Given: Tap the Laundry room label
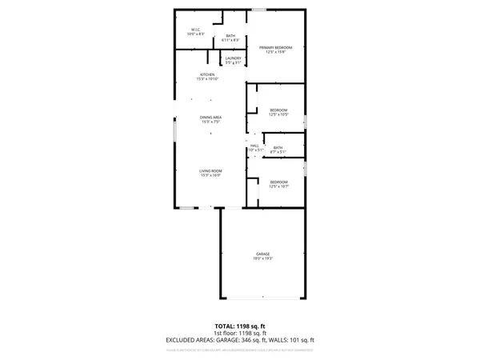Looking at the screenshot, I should pyautogui.click(x=234, y=58).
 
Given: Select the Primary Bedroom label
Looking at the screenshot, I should pyautogui.click(x=276, y=48).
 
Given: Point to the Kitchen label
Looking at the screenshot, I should pyautogui.click(x=207, y=74).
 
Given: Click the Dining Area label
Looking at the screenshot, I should pyautogui.click(x=211, y=118).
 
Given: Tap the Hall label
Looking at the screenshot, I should pyautogui.click(x=254, y=145).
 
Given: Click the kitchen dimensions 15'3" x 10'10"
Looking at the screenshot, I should pyautogui.click(x=207, y=79).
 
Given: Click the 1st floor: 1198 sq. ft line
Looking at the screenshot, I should pyautogui.click(x=240, y=334).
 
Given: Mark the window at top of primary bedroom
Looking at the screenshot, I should pyautogui.click(x=259, y=10).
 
